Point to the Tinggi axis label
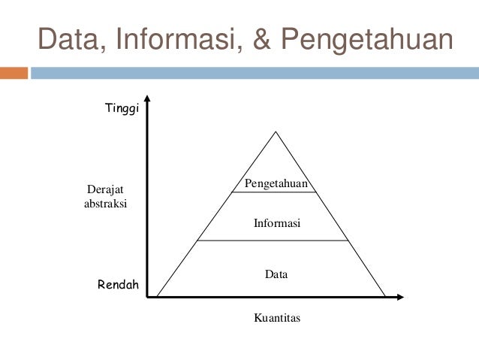[122, 109]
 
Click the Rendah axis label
[119, 285]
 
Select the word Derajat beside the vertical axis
[105, 190]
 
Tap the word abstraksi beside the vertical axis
[105, 204]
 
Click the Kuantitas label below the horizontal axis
[277, 318]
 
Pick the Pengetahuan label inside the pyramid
[276, 184]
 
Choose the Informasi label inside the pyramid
[276, 223]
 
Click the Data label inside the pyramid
[276, 275]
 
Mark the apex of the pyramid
[276, 132]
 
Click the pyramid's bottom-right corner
[385, 296]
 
